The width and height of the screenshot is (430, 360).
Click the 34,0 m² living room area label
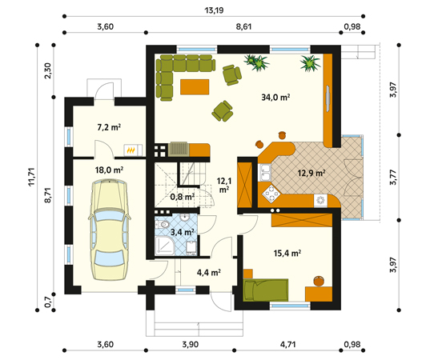[x=275, y=98]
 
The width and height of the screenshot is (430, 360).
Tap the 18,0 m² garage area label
[x=109, y=170]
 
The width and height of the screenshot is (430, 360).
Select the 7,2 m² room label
[x=109, y=127]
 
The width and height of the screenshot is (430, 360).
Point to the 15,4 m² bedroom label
[x=287, y=253]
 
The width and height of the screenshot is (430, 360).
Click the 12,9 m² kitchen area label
[x=311, y=173]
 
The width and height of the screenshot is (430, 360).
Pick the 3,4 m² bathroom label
[x=183, y=232]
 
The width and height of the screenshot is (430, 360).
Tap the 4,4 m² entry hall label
[x=209, y=272]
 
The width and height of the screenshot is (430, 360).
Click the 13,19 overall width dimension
[x=214, y=10]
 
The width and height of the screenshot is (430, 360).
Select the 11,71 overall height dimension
[x=31, y=177]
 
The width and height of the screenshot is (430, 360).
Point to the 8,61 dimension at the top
[x=243, y=27]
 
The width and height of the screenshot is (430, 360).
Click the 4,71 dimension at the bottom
[x=287, y=344]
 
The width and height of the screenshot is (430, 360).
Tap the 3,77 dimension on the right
[x=393, y=178]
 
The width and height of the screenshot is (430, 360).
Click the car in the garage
[x=109, y=230]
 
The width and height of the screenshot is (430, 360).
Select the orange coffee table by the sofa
[x=195, y=87]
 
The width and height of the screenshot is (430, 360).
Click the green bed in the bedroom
[x=266, y=290]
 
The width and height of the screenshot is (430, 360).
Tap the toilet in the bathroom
[x=163, y=225]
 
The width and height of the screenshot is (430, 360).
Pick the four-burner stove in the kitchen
[x=271, y=194]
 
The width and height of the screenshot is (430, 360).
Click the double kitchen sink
[x=264, y=173]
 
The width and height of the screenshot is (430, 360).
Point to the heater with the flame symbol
[x=133, y=150]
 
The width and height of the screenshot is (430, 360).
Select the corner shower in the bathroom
[x=164, y=246]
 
